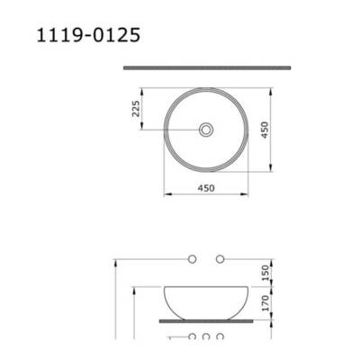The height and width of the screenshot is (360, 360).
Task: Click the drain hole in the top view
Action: pos(207,130)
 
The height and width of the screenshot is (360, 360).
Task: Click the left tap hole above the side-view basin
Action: pos(191,259)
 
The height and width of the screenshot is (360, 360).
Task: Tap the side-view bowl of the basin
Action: pos(206,301)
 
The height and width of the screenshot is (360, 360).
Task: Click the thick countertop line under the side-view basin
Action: pos(206,319)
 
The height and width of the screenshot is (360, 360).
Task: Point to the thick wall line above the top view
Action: pos(206,67)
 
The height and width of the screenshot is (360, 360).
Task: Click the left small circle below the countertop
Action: pos(191,337)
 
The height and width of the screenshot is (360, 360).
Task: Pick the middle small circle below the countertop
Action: pos(206,337)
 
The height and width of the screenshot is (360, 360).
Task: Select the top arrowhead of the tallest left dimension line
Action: pos(118,262)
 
